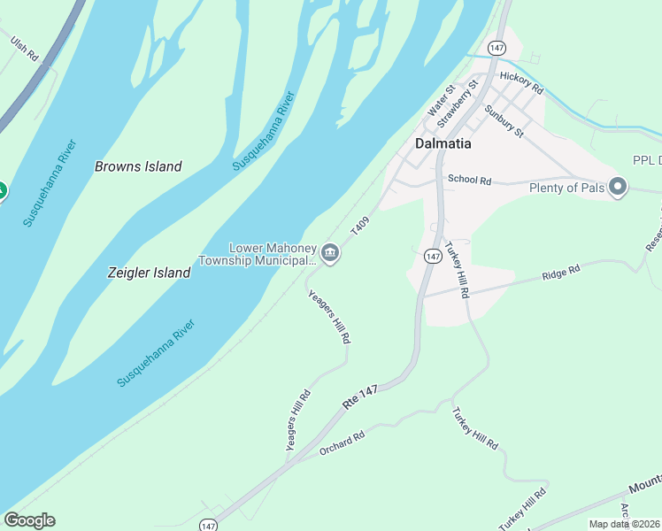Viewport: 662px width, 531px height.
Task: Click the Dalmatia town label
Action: click(x=443, y=143)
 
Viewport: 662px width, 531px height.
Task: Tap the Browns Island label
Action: click(x=138, y=166)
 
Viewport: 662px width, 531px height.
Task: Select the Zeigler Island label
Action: click(x=150, y=273)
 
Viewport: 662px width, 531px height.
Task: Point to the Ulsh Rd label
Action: click(x=25, y=48)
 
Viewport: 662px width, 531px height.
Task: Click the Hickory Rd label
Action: click(x=520, y=83)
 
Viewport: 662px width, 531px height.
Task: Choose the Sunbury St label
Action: click(x=504, y=120)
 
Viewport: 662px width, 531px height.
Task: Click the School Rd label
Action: click(x=469, y=180)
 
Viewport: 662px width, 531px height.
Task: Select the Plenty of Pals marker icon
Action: click(x=618, y=187)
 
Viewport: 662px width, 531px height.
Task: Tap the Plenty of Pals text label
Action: click(x=566, y=188)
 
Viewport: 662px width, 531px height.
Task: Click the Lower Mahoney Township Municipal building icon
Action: click(x=329, y=253)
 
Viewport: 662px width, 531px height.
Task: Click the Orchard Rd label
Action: click(x=343, y=443)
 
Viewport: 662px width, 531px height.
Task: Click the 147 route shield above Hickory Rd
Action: click(x=496, y=46)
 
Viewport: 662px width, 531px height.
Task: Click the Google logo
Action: click(x=29, y=520)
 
